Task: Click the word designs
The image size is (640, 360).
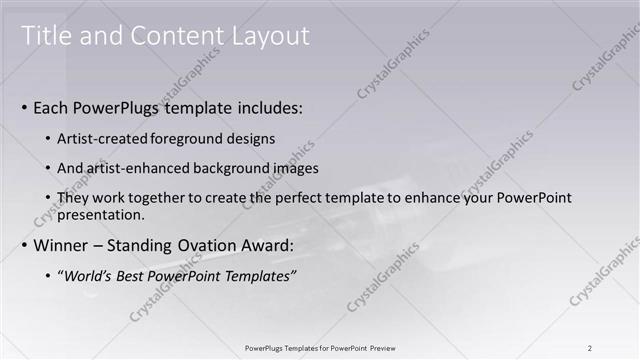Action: coord(250,139)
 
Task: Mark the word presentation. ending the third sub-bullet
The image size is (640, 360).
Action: coord(104,214)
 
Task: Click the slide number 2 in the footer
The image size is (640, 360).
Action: coord(590,348)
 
